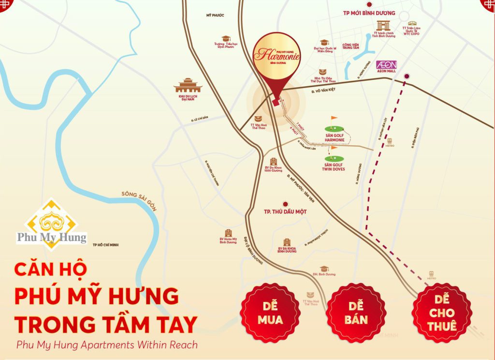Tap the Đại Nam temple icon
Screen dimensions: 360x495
click(188, 86)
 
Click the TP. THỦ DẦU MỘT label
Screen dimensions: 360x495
click(285, 211)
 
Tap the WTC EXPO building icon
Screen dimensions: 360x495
click(412, 23)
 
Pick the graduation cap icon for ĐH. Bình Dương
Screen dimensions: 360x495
click(324, 269)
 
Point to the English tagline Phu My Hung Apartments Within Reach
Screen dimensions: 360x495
click(107, 345)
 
